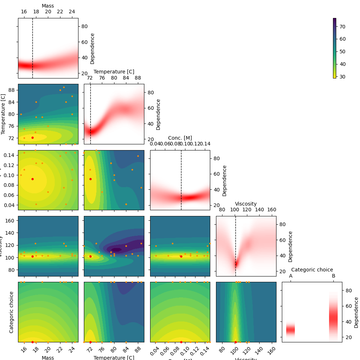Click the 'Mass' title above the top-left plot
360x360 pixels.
[48, 6]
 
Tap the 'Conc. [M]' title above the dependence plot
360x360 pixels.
[180, 138]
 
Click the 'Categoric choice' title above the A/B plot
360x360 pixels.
[312, 270]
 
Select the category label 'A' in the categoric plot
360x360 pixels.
[291, 276]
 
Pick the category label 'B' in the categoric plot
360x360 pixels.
[333, 276]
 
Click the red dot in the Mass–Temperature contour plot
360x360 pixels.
[32, 138]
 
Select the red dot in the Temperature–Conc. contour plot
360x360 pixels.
[90, 179]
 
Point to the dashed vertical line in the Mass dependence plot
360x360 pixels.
[32, 43]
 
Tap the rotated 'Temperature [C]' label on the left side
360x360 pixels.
[4, 114]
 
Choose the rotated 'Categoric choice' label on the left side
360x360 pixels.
[12, 312]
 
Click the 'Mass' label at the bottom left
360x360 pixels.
[48, 357]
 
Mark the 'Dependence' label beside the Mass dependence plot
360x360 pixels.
[93, 48]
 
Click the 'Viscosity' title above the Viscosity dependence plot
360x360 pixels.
[246, 204]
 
